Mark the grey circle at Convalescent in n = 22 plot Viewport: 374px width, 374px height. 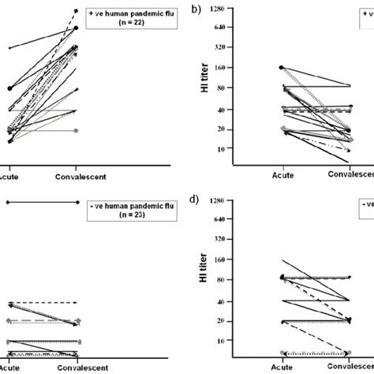tap(76, 130)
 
